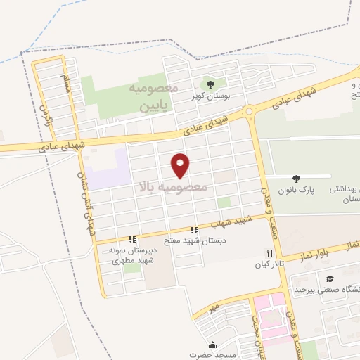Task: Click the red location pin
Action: (181, 165)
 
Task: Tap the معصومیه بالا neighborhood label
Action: (172, 188)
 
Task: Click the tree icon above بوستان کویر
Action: (209, 85)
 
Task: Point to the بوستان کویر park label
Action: (207, 96)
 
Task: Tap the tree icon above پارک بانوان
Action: (296, 179)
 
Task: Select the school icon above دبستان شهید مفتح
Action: (194, 230)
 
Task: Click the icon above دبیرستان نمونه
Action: (132, 239)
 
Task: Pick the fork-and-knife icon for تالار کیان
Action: (268, 254)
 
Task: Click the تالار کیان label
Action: (267, 265)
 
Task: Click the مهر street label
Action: (213, 307)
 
